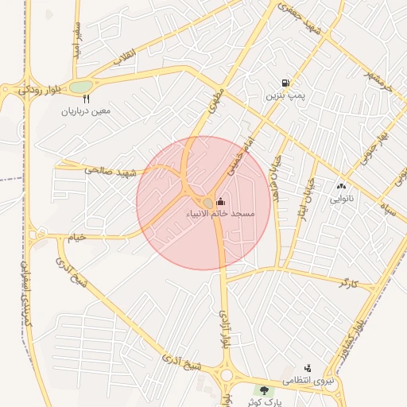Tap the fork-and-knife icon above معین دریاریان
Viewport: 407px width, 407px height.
point(87,99)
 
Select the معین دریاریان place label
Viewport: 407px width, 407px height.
point(87,112)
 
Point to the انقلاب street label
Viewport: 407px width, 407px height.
point(126,58)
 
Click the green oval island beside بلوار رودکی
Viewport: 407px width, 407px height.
point(81,87)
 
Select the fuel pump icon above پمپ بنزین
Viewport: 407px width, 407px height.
point(285,83)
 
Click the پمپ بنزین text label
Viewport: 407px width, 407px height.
point(285,95)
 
